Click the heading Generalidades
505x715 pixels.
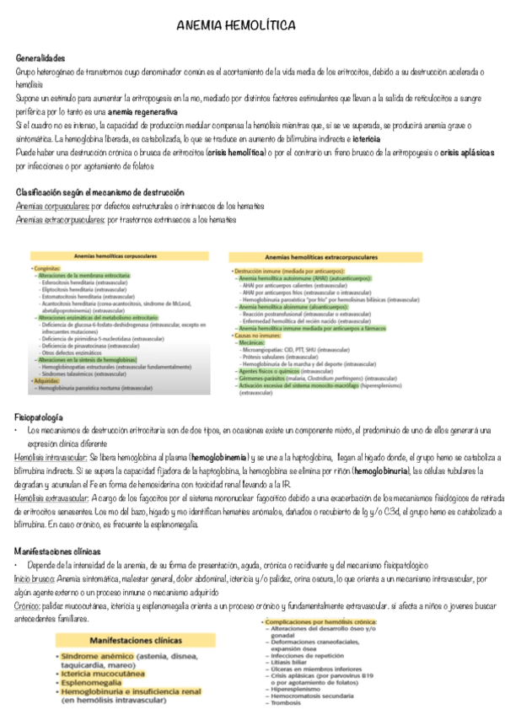click(40, 59)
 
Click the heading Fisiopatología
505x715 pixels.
click(39, 417)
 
